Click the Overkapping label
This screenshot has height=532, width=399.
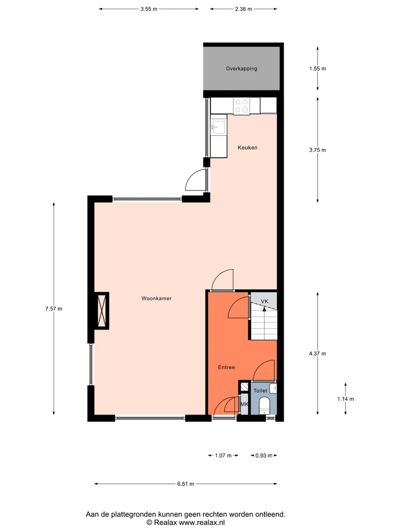point(241,69)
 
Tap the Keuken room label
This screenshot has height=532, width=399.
point(247,147)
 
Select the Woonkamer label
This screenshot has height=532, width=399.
point(156,298)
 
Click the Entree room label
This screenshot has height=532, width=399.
point(226,367)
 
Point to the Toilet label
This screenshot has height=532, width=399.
point(260,391)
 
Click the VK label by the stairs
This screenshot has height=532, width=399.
point(264,301)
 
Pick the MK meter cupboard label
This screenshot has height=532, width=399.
point(244,405)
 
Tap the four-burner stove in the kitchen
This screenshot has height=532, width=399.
point(242,105)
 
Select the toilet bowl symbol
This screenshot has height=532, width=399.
point(264,405)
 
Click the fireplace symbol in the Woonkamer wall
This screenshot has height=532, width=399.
point(102,310)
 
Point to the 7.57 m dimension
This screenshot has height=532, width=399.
point(54,309)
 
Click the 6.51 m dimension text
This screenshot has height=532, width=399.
point(186,484)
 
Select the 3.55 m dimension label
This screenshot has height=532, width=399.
point(149,9)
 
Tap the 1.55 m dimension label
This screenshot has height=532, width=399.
point(318,69)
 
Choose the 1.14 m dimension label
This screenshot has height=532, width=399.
point(345,398)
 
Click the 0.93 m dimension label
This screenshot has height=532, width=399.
point(263,456)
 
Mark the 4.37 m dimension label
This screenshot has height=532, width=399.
point(318,354)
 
